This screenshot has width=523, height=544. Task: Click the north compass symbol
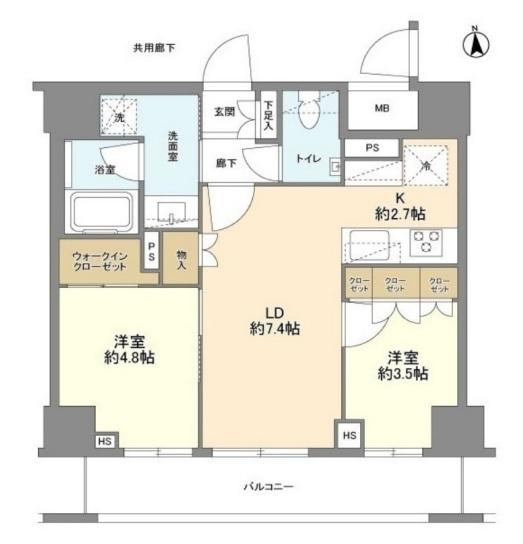(x=478, y=44)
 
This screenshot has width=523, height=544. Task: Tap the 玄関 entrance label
(x=224, y=112)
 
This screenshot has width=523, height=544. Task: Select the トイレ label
(x=305, y=158)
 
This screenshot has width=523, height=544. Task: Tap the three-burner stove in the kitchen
(x=429, y=241)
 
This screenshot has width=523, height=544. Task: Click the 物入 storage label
(x=181, y=261)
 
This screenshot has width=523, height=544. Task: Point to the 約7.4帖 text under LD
(x=274, y=329)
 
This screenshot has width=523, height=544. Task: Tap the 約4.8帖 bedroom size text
(x=128, y=357)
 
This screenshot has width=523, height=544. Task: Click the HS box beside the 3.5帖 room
(x=348, y=435)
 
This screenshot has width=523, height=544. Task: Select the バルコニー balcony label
(x=268, y=486)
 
